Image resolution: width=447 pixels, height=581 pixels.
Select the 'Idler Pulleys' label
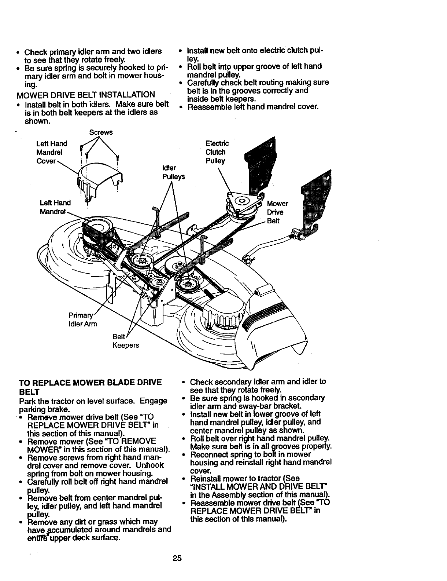[173, 172]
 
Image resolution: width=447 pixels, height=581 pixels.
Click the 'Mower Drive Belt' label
[277, 212]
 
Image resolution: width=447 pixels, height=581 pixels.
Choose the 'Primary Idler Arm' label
[82, 319]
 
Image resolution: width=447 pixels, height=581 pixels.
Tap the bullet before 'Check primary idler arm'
[18, 52]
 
